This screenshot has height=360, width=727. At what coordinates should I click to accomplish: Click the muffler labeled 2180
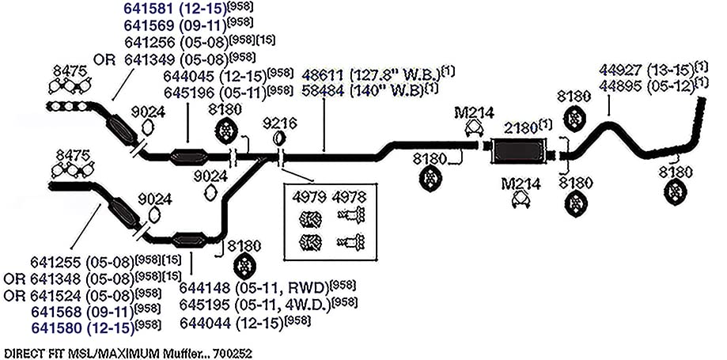tap(518, 151)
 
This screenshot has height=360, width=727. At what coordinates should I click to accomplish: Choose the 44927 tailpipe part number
tap(620, 70)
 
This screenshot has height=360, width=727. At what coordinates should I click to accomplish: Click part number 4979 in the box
tap(309, 197)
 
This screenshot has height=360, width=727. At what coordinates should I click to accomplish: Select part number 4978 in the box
tap(349, 197)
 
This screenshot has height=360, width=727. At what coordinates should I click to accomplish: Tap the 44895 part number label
tap(620, 85)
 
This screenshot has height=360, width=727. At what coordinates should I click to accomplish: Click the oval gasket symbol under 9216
tap(278, 138)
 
